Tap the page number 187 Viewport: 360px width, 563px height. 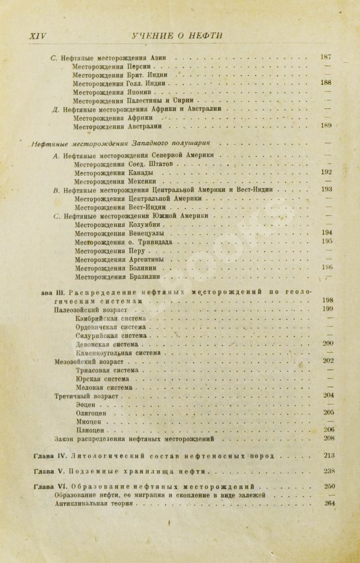(327, 58)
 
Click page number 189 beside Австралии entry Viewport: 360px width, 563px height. (327, 125)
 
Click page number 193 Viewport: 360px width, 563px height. (327, 190)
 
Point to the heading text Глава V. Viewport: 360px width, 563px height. (47, 472)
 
